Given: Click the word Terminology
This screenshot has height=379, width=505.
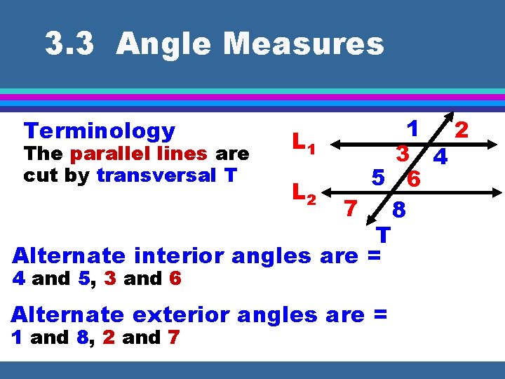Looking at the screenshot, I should click(99, 131).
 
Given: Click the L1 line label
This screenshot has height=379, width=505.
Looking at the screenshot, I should click(304, 145).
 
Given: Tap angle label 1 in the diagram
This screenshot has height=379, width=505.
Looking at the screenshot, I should click(414, 129).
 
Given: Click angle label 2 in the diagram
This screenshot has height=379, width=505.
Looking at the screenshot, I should click(461, 130).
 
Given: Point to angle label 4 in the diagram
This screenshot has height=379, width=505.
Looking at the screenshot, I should click(440, 158).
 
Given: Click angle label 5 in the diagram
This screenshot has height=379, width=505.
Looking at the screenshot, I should click(378, 180).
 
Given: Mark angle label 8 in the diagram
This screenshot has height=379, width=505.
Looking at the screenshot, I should click(398, 210).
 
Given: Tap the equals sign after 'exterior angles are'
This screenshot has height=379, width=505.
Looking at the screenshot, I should click(379, 314).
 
